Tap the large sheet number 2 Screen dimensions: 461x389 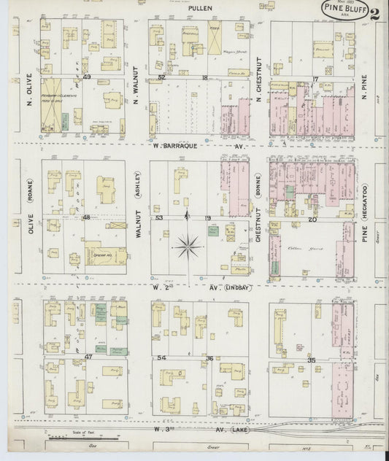point(374,13)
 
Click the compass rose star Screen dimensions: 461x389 point(188,248)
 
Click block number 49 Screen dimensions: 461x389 point(87,76)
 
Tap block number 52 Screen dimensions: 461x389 point(162,76)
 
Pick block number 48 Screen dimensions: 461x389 point(87,217)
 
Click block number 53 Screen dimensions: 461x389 point(159,217)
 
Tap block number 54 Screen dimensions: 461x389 point(162,357)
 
